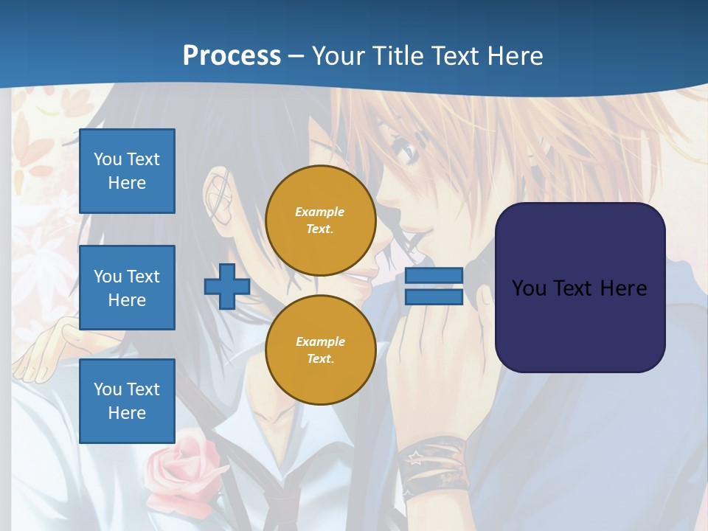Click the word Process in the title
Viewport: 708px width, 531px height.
tap(232, 55)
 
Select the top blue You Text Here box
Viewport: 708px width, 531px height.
tap(127, 171)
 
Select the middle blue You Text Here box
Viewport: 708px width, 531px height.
tap(127, 288)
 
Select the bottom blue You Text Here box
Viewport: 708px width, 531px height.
tap(127, 400)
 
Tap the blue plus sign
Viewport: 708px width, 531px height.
tap(226, 286)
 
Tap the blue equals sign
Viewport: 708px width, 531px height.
tap(434, 286)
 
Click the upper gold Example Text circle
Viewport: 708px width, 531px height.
tap(320, 221)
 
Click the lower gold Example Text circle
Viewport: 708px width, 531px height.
tap(320, 350)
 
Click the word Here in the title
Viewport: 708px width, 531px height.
tap(513, 55)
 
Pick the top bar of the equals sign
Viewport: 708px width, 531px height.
tap(434, 276)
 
